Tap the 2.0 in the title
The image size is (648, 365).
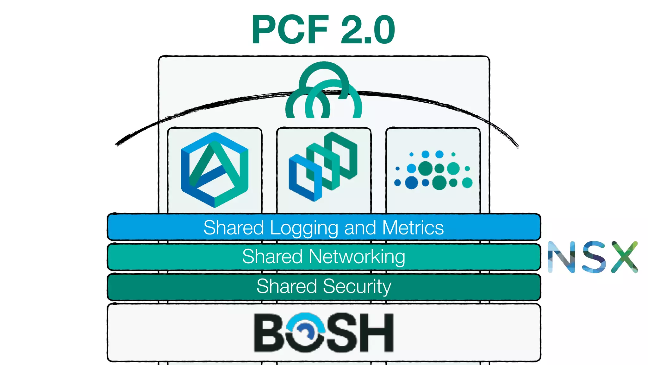[x=368, y=30]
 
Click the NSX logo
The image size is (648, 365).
[x=593, y=257]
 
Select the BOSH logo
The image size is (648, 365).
[x=324, y=332]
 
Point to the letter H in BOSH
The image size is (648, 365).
[x=377, y=333]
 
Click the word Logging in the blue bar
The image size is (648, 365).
[x=304, y=228]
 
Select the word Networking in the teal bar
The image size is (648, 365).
[x=357, y=256]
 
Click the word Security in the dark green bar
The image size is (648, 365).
[x=357, y=286]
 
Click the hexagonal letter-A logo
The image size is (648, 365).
[x=215, y=170]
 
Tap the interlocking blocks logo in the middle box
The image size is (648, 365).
[x=323, y=167]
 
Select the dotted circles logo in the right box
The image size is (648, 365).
[x=433, y=170]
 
